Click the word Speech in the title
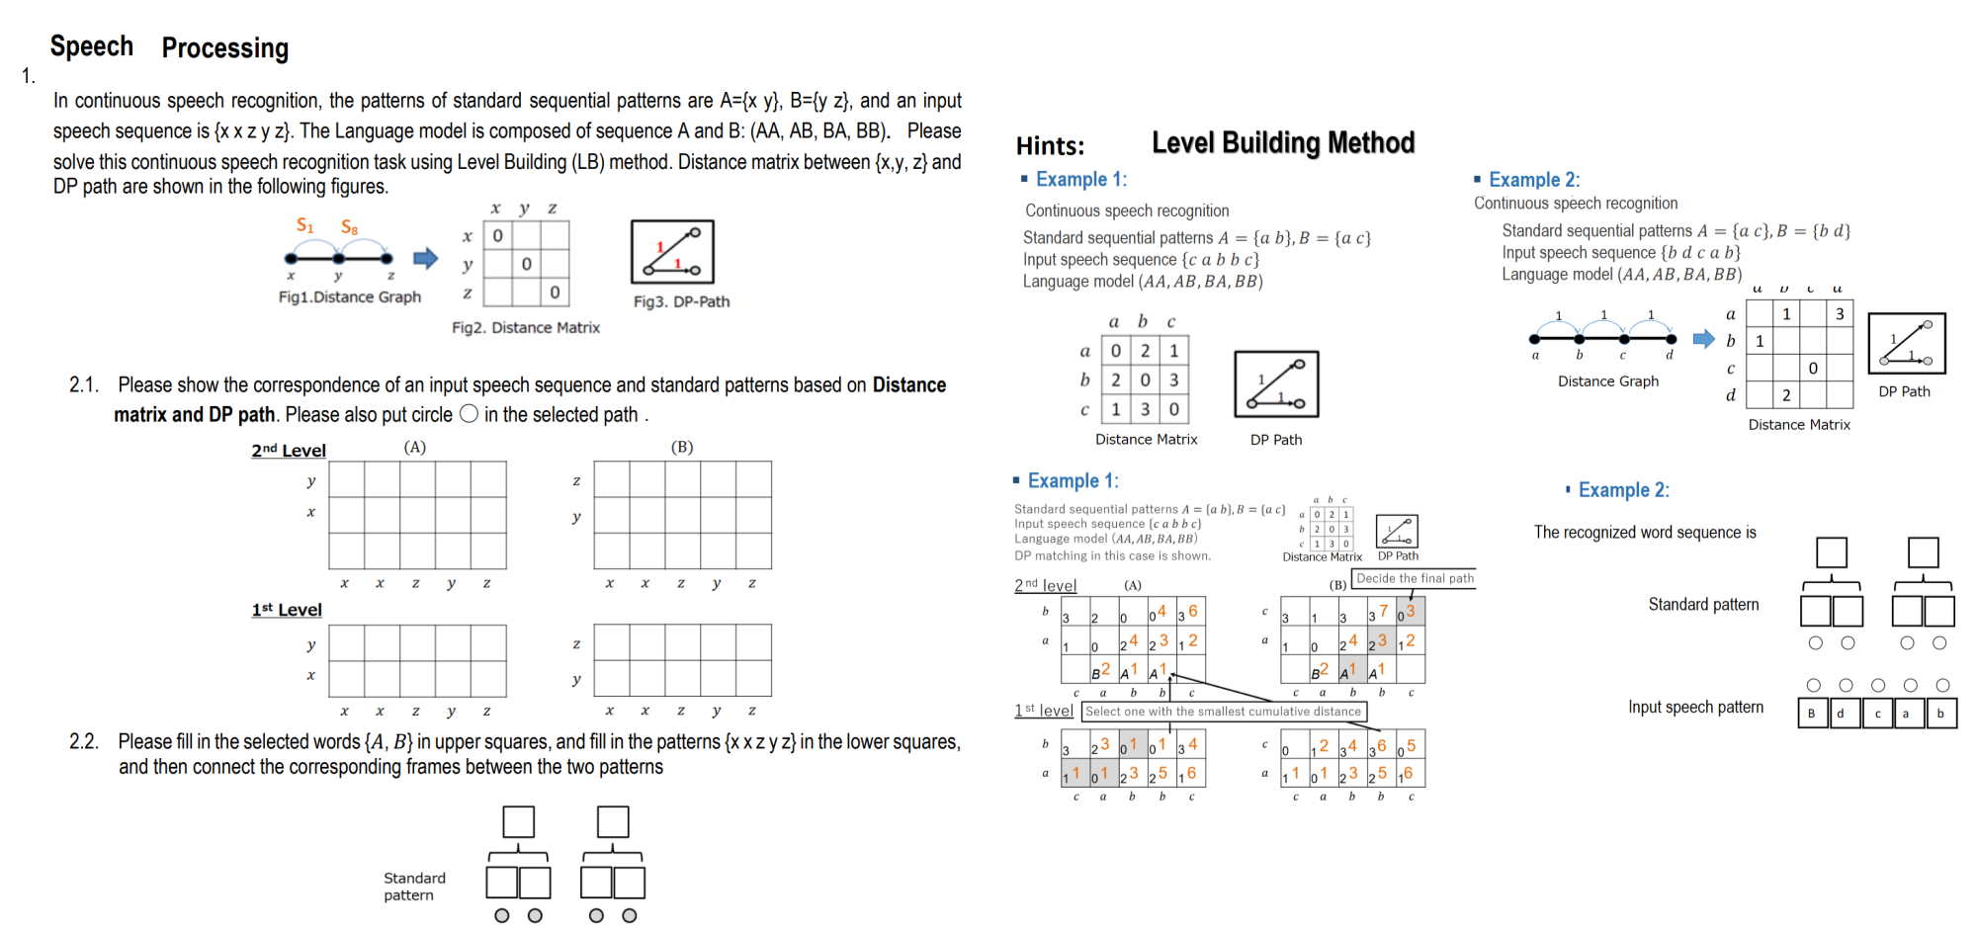[x=91, y=46]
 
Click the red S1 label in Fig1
[x=304, y=225]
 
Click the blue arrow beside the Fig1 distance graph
[x=425, y=259]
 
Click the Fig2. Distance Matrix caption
[x=525, y=327]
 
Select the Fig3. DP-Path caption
[x=681, y=301]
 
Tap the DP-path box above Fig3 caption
[x=672, y=252]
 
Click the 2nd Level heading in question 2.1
[x=288, y=451]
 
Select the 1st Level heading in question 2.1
[x=286, y=610]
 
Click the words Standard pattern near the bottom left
[x=414, y=887]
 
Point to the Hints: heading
[x=1050, y=146]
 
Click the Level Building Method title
[x=1282, y=143]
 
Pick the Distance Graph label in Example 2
[x=1607, y=381]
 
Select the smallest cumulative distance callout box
[x=1223, y=711]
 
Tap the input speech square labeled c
[x=1877, y=714]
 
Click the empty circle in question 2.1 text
[x=469, y=414]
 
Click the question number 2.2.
[x=84, y=741]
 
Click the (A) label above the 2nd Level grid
[x=414, y=447]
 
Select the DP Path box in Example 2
[x=1906, y=343]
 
